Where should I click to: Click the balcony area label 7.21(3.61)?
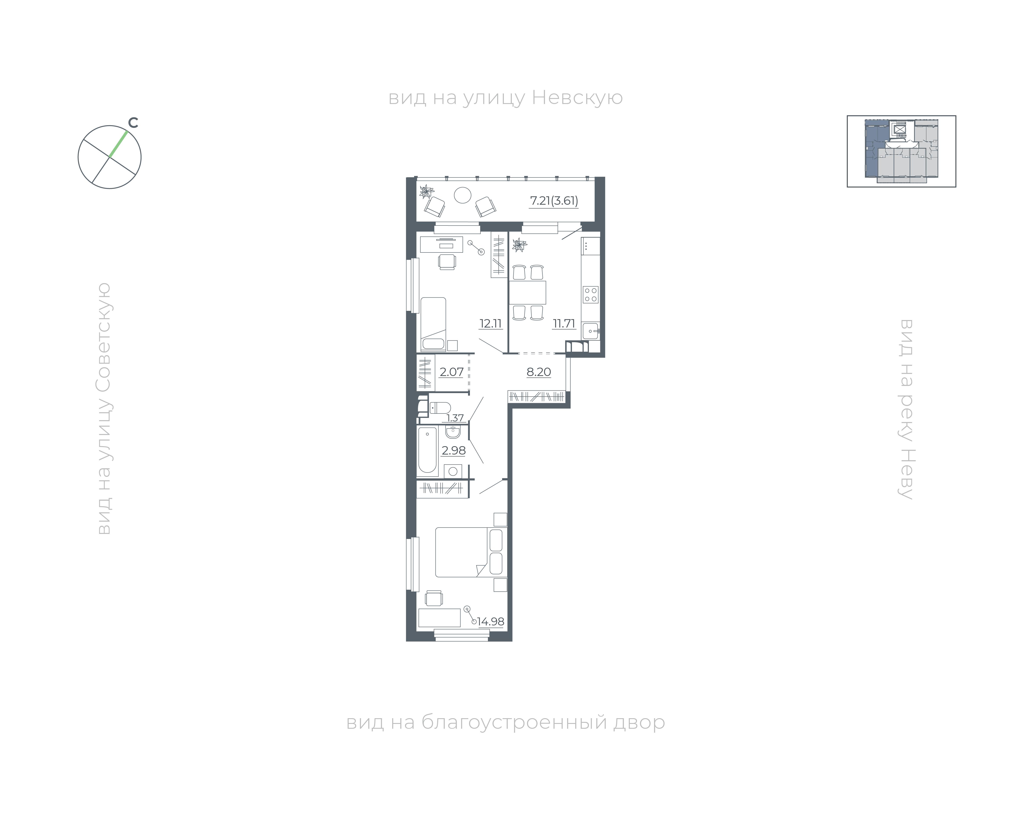click(x=554, y=201)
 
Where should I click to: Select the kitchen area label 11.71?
click(x=564, y=323)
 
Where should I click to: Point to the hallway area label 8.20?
click(x=539, y=372)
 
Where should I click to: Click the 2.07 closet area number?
click(x=451, y=372)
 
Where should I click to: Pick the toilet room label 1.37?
click(x=455, y=418)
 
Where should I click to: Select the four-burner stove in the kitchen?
click(x=590, y=294)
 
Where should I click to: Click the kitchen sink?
click(x=591, y=331)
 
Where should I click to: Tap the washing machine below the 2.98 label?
click(x=453, y=471)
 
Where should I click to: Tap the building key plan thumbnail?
click(x=901, y=151)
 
